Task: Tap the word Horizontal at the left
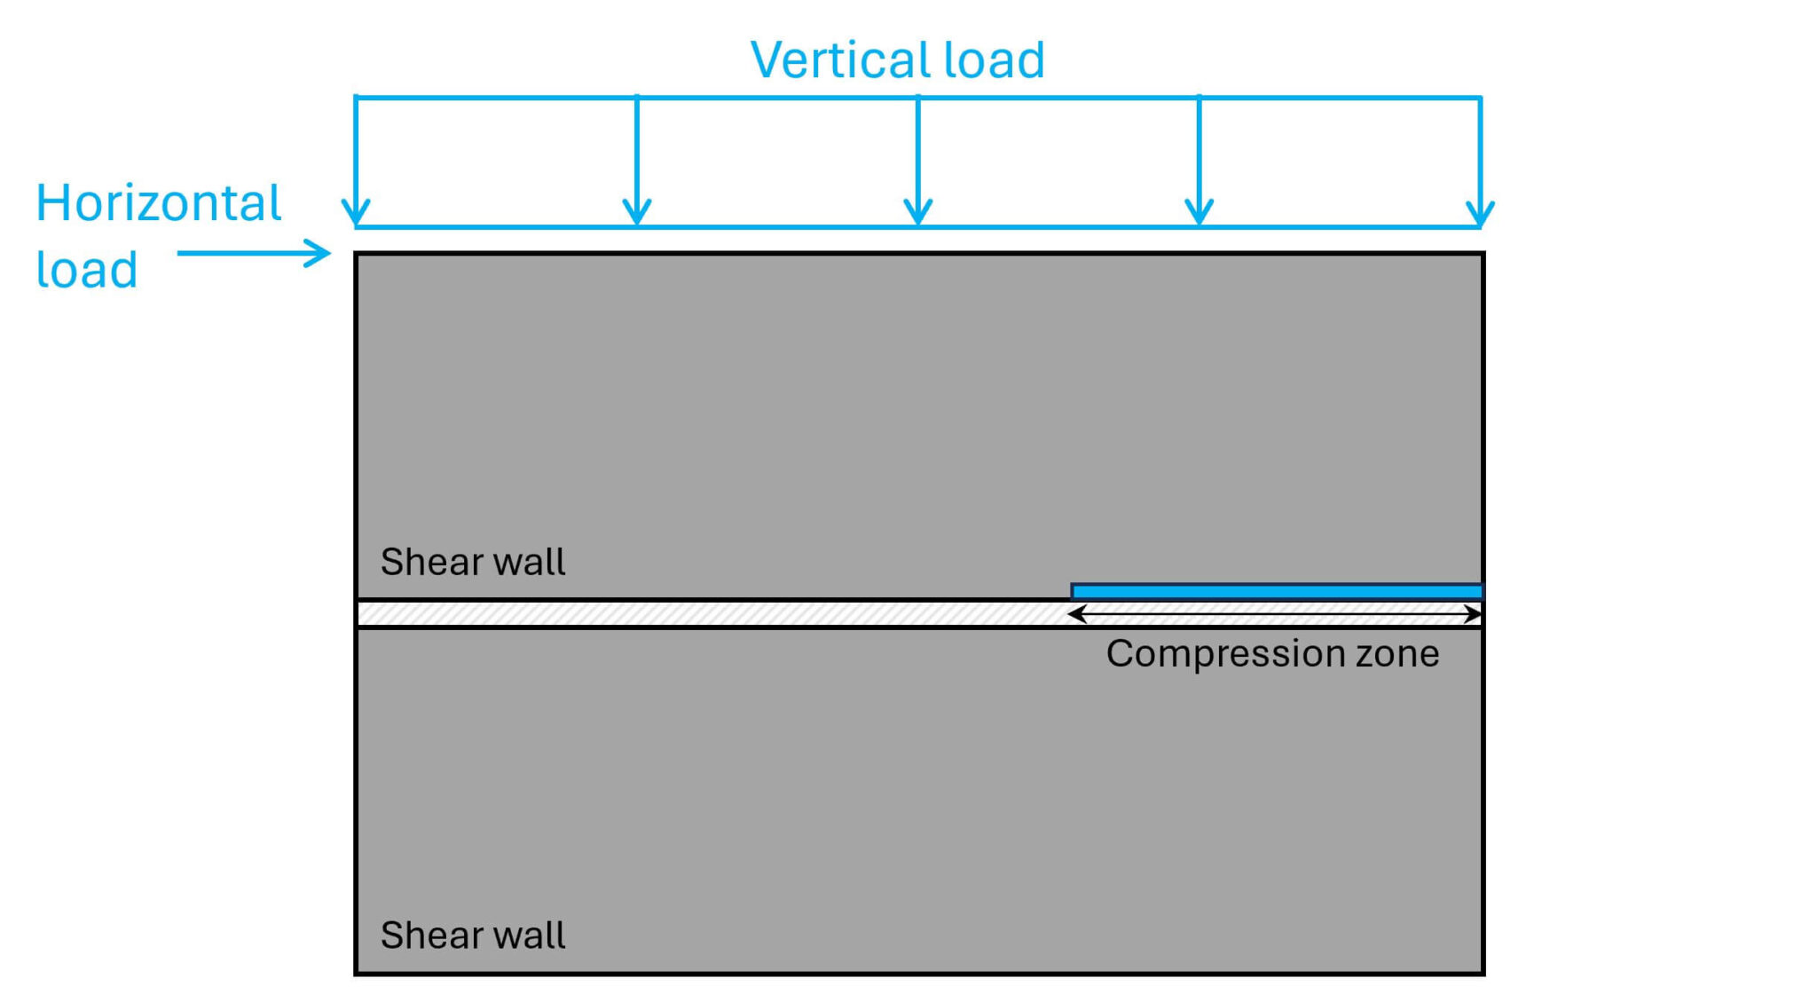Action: pos(158,203)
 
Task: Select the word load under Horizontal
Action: pos(86,270)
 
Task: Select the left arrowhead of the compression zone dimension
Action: pos(1075,613)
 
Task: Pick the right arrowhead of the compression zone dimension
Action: pos(1474,613)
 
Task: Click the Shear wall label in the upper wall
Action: pos(472,562)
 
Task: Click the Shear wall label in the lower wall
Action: pos(472,935)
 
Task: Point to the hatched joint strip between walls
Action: pos(710,613)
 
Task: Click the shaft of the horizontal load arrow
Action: pos(240,253)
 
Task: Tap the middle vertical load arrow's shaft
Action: pos(918,151)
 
